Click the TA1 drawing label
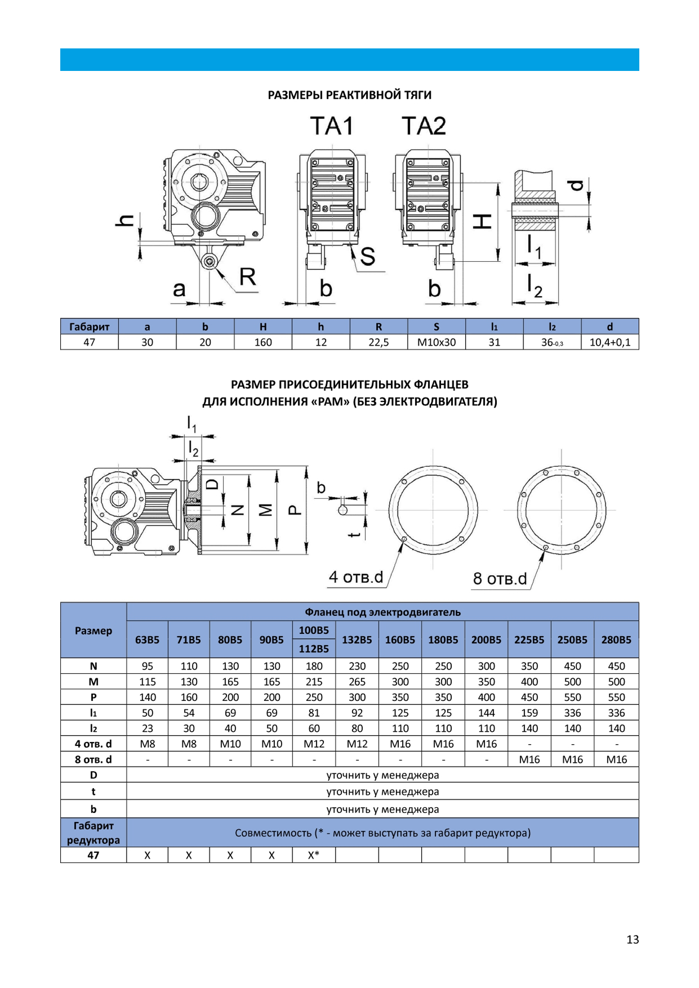(x=332, y=126)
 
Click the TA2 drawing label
(x=424, y=126)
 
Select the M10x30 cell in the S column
(x=436, y=342)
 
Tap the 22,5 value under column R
(x=379, y=342)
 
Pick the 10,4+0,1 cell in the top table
(x=609, y=342)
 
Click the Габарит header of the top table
(x=89, y=327)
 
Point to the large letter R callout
(x=248, y=277)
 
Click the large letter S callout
(x=367, y=257)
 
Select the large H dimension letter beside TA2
(x=482, y=221)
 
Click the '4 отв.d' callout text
(x=356, y=577)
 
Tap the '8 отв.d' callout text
(x=500, y=579)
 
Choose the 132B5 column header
(x=357, y=640)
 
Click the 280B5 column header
(x=616, y=640)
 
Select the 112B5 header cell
(x=314, y=649)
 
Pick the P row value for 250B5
(x=572, y=697)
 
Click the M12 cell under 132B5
(x=357, y=744)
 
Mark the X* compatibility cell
(x=314, y=855)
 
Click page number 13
(x=633, y=939)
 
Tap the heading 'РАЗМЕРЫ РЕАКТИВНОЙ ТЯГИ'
(x=349, y=95)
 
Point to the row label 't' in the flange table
(x=94, y=792)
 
